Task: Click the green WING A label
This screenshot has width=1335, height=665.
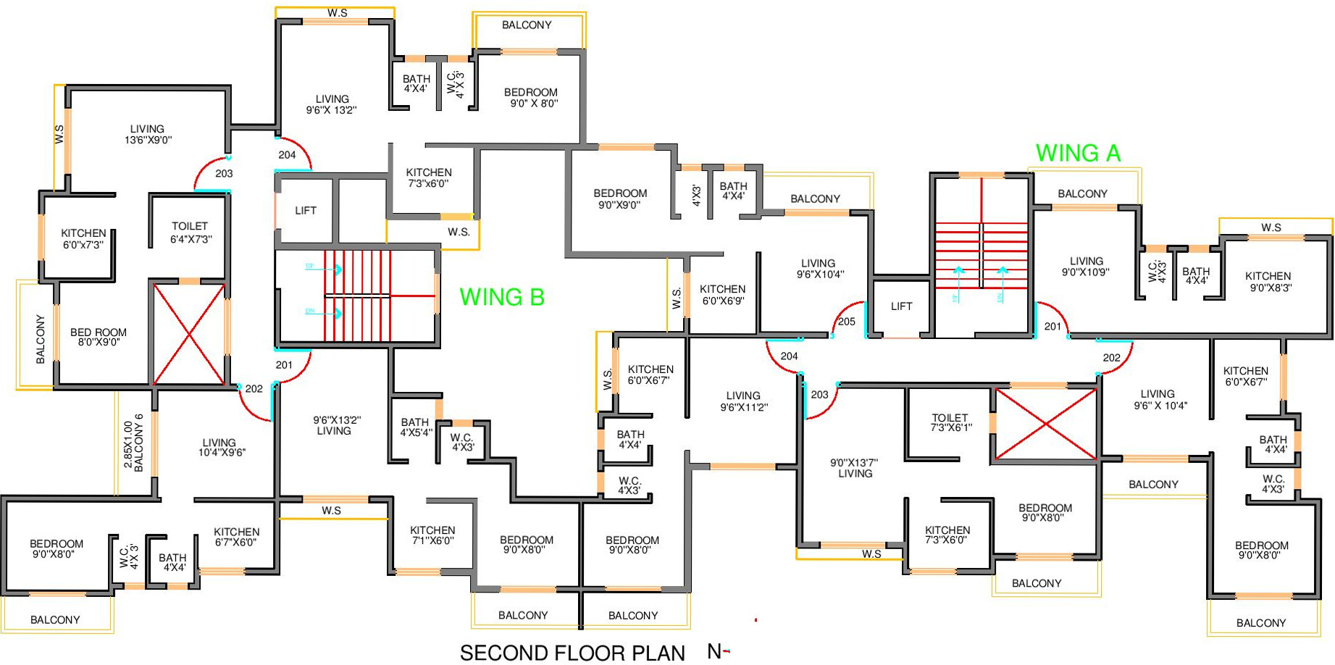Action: [x=1078, y=154]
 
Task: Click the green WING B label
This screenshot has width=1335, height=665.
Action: [x=502, y=297]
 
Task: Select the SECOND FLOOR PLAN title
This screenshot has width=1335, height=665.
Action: [x=572, y=653]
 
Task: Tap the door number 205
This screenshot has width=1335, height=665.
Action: [x=846, y=322]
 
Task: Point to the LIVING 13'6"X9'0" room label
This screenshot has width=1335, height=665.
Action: [x=148, y=135]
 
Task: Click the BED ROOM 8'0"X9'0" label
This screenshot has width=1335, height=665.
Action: [x=99, y=337]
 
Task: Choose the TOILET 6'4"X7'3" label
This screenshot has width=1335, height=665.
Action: [x=190, y=233]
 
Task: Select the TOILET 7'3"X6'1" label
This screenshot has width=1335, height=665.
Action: [x=950, y=422]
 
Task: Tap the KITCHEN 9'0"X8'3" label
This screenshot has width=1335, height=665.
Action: [x=1268, y=281]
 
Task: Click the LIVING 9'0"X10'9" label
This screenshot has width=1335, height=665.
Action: [x=1086, y=267]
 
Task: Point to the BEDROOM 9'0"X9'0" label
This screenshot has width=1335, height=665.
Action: [x=620, y=198]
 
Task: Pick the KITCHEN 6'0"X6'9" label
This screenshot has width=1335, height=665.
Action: [x=722, y=294]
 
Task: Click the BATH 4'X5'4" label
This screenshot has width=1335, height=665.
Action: [x=415, y=427]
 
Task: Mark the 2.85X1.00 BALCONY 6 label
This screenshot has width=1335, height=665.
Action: [x=133, y=443]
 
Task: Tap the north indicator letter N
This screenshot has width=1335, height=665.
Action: [x=714, y=652]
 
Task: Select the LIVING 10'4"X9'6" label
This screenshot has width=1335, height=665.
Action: [x=219, y=448]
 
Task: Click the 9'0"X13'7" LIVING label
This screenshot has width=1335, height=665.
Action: [x=855, y=468]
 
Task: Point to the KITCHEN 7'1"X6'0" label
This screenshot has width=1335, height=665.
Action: [x=432, y=535]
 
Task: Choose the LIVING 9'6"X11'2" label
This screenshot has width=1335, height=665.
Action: [x=743, y=401]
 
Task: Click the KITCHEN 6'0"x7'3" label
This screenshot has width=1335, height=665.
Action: [x=83, y=238]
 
